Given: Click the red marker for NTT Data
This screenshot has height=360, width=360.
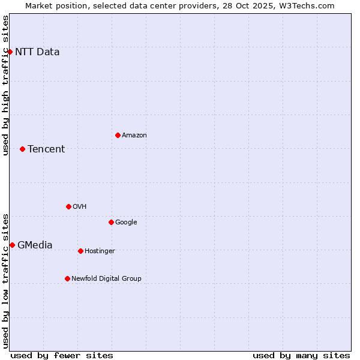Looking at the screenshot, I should (x=10, y=52).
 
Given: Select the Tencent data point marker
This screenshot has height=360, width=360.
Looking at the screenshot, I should (x=22, y=149).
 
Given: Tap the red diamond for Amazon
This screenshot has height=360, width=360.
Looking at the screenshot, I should (x=118, y=135).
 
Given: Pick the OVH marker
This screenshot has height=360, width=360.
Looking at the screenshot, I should (x=68, y=206).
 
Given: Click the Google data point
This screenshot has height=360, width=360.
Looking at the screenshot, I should (x=111, y=222).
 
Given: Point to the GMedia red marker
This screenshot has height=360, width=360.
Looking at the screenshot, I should (x=12, y=245).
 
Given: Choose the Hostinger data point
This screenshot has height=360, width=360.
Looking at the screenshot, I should (x=80, y=251).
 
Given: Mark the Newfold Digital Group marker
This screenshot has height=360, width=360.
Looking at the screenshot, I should (x=67, y=278).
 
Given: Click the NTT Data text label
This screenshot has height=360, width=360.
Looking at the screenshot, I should (x=37, y=52).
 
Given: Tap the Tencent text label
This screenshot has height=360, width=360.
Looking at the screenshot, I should (x=46, y=149).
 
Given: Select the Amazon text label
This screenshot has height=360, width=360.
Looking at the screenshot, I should (x=134, y=136).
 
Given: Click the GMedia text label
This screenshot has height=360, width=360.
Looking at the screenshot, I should (x=35, y=245).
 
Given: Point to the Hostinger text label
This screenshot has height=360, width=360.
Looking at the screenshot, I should (x=100, y=251).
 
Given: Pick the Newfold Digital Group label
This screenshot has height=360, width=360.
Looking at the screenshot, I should (x=106, y=278).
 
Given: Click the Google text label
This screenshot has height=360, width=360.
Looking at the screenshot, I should (x=126, y=222).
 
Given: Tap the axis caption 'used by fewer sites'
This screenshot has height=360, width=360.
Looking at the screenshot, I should (x=62, y=355).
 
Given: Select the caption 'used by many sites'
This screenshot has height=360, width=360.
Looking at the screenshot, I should (x=301, y=355).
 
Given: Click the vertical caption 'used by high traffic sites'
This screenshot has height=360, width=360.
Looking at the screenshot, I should (x=6, y=85).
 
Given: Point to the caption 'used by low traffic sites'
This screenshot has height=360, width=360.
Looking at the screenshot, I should (x=6, y=281).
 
